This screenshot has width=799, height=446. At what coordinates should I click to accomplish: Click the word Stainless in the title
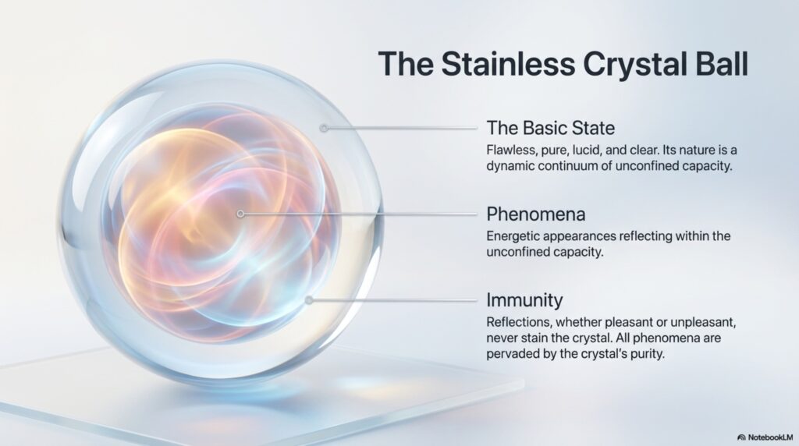[507, 64]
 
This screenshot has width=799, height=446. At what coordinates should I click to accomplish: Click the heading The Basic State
[550, 128]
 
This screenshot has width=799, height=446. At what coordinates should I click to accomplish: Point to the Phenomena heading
[535, 214]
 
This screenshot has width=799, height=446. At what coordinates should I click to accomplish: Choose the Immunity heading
[524, 300]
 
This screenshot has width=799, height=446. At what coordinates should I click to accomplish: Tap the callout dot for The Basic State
[324, 128]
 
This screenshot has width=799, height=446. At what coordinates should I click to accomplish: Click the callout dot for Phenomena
[240, 214]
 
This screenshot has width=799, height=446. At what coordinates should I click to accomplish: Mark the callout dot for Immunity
[309, 300]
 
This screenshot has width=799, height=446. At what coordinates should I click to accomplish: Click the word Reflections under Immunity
[519, 322]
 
